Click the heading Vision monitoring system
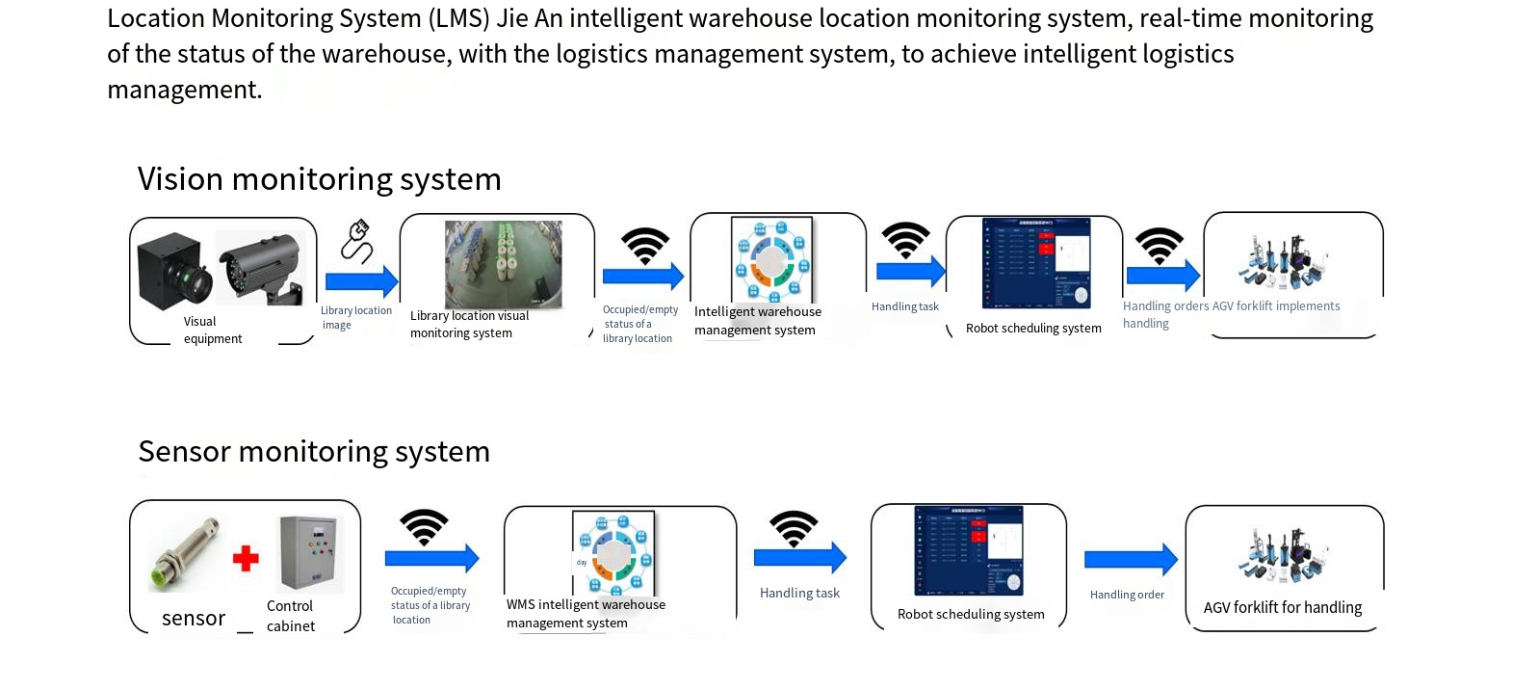[x=319, y=179]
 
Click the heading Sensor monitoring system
[x=314, y=451]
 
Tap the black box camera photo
[x=174, y=269]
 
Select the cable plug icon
[x=356, y=241]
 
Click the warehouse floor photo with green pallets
[x=503, y=264]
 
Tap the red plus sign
[x=246, y=558]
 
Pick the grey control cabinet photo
[x=310, y=553]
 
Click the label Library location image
[x=355, y=318]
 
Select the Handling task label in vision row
[x=904, y=306]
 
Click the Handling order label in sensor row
[x=1127, y=595]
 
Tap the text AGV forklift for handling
[x=1282, y=607]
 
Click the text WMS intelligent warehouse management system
[x=586, y=613]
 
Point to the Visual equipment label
[x=212, y=330]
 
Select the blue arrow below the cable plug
[x=361, y=281]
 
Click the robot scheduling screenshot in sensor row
[x=968, y=550]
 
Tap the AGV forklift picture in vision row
[x=1283, y=261]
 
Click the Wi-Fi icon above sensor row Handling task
[x=794, y=528]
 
